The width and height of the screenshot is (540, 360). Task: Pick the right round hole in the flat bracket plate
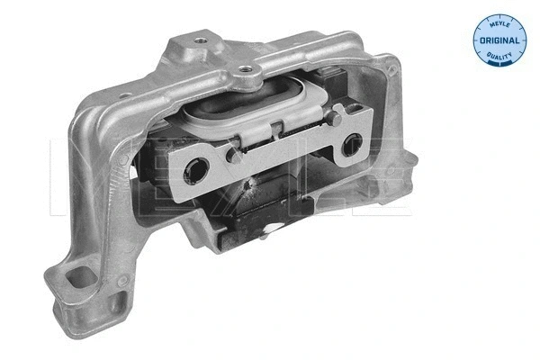point(353,143)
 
